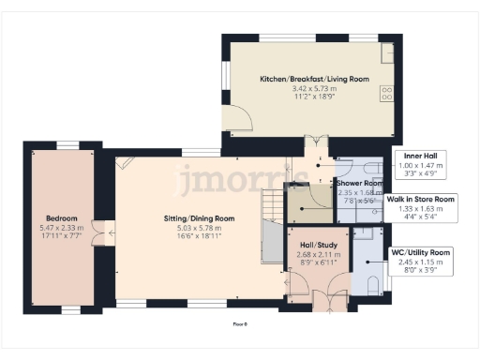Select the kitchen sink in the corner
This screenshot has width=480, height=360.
pyautogui.click(x=386, y=49)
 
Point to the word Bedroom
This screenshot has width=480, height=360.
pyautogui.click(x=64, y=218)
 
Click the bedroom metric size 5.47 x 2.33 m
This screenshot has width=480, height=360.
pyautogui.click(x=64, y=228)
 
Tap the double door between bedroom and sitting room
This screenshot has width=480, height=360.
pyautogui.click(x=110, y=230)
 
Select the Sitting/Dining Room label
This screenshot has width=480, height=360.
pyautogui.click(x=192, y=218)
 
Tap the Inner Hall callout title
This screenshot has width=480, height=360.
pyautogui.click(x=419, y=155)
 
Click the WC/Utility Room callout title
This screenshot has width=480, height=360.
pyautogui.click(x=421, y=252)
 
